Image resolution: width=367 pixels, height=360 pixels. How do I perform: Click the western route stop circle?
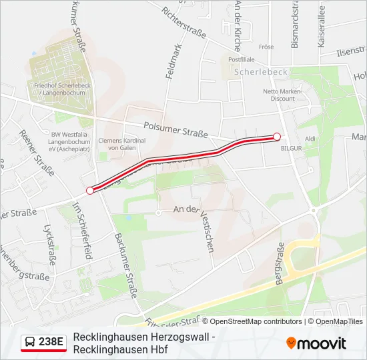point(90,190)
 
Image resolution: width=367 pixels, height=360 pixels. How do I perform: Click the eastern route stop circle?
point(277,136)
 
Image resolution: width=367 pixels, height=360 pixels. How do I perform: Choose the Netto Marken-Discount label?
point(283,95)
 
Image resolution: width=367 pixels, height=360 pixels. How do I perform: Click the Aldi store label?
point(310,139)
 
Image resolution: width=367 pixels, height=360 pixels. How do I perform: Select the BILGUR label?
point(292,147)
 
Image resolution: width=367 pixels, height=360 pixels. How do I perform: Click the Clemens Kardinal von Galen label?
point(122,144)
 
